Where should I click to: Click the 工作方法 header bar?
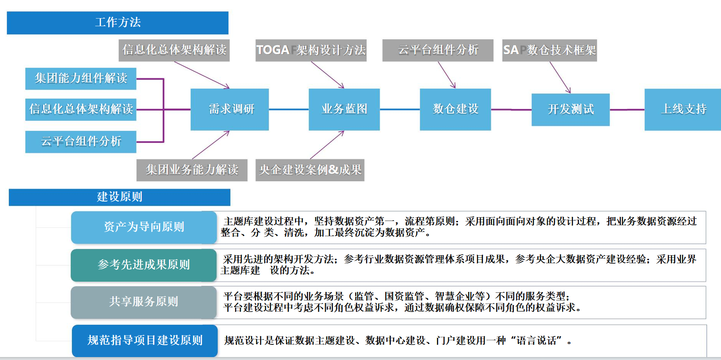tap(117, 23)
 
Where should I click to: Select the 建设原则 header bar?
tap(120, 197)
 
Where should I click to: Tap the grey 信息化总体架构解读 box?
tap(174, 50)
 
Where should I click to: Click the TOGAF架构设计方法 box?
tap(311, 50)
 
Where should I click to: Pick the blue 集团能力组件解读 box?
tap(81, 79)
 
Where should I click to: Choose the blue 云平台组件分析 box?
tap(81, 142)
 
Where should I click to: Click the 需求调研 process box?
tap(229, 109)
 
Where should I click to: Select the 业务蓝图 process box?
tap(344, 109)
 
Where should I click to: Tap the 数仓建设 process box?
tap(455, 109)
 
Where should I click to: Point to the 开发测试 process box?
tap(571, 110)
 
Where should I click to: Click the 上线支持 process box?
tap(683, 109)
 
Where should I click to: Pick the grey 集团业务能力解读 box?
tap(192, 170)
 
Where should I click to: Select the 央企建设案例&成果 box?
tap(310, 170)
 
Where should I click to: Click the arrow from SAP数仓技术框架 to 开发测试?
tap(560, 77)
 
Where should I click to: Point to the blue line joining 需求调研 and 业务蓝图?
tap(289, 109)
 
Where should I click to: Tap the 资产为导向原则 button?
tap(144, 227)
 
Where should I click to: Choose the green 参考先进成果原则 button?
tap(144, 265)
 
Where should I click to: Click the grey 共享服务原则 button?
tap(144, 302)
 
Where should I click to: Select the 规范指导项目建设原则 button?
tap(145, 341)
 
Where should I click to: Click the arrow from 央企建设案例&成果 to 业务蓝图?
tap(327, 145)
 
